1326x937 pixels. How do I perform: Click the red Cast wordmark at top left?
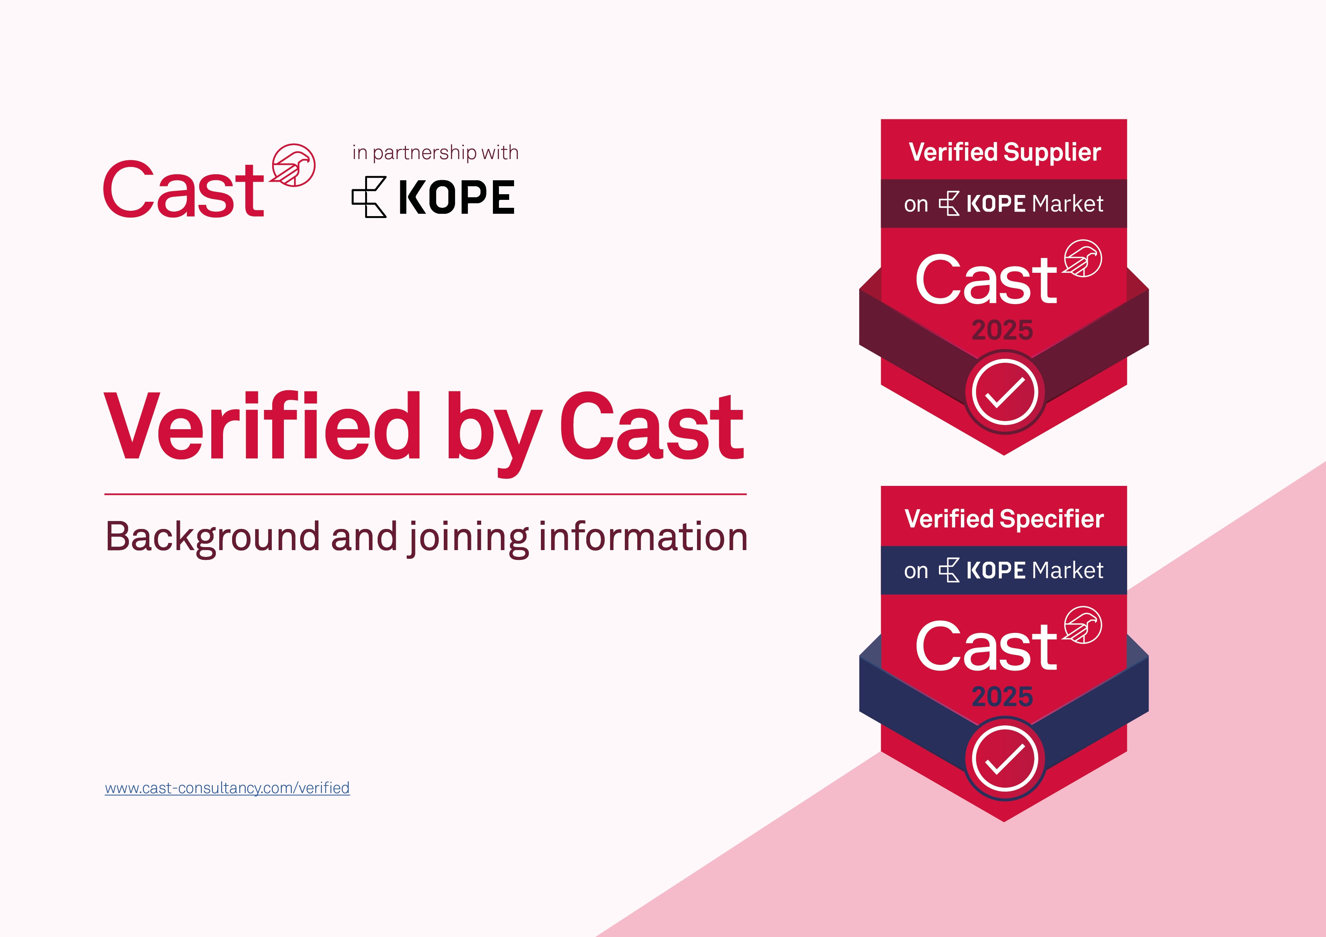point(184,189)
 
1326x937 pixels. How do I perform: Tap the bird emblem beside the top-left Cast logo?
point(293,165)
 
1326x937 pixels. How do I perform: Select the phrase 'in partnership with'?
point(435,152)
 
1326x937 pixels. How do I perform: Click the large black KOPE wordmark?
point(456,198)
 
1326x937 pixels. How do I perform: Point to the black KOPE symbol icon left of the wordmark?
point(369,197)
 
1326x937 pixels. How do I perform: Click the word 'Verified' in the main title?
point(263,426)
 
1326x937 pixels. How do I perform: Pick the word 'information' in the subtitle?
point(643,537)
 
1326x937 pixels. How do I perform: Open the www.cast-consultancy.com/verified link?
point(227,788)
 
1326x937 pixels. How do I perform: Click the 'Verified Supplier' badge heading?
point(1005,152)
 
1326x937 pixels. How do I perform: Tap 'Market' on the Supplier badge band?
point(1067,204)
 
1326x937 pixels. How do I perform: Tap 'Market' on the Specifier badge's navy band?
point(1067,571)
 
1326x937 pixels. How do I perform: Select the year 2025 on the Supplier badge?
point(1002,330)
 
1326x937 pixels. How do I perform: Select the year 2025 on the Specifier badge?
point(1002,697)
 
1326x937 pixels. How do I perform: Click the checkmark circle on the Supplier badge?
point(1005,393)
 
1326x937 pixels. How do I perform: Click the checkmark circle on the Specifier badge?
point(1005,759)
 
